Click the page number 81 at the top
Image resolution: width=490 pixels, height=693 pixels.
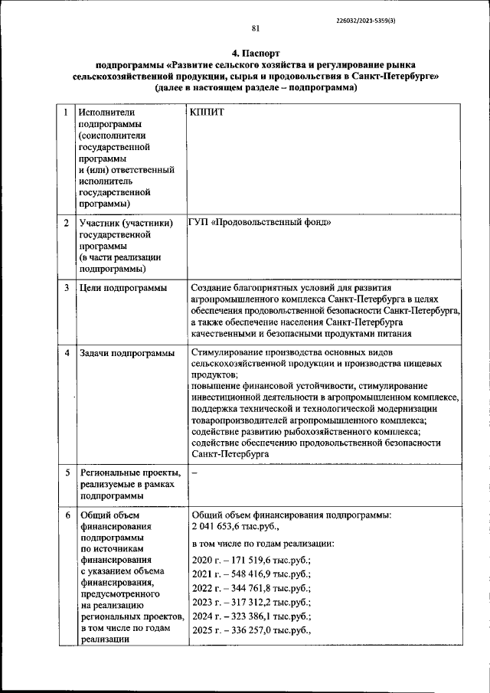point(256,28)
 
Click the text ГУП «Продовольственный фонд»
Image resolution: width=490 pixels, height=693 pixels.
point(260,223)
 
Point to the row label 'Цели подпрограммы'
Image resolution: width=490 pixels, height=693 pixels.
point(122,288)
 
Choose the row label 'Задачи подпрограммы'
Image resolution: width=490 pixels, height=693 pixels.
point(126,353)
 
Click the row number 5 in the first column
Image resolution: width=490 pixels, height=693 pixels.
point(67,472)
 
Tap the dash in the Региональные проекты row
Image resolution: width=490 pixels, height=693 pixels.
point(194,472)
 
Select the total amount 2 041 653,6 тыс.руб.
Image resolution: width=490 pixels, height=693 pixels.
point(236,528)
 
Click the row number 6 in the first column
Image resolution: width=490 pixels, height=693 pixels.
point(67,515)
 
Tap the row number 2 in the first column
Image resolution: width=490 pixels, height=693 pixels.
point(67,223)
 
